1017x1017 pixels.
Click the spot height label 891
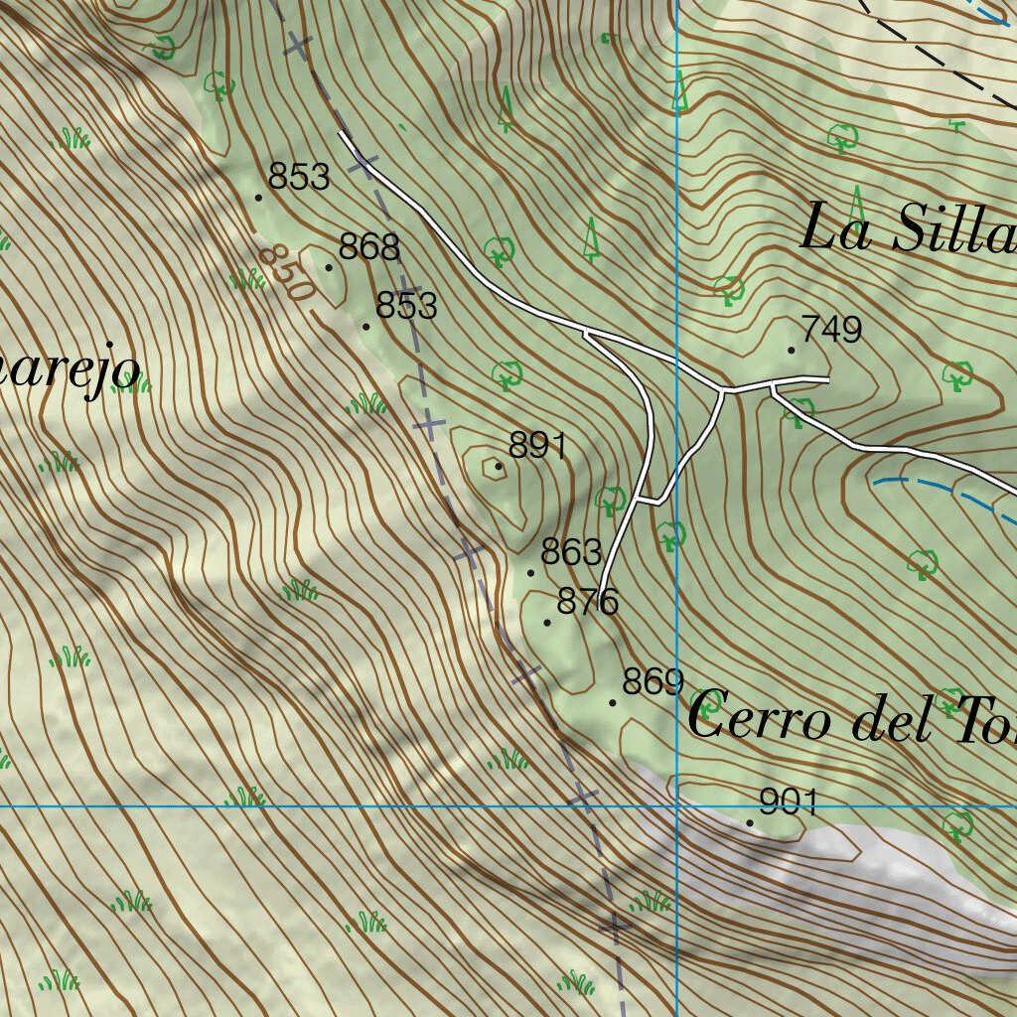537,446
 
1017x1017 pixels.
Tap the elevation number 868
368,246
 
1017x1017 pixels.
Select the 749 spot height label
831,330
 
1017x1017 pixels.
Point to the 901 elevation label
788,801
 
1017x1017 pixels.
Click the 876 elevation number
588,602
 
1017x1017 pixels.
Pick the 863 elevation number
571,551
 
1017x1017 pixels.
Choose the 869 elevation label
653,682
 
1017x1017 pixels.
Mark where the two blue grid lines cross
676,805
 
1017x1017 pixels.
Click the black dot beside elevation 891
499,466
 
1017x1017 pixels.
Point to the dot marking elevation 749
792,350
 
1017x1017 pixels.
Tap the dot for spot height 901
750,822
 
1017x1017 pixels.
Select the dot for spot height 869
613,702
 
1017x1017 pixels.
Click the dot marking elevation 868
330,267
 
